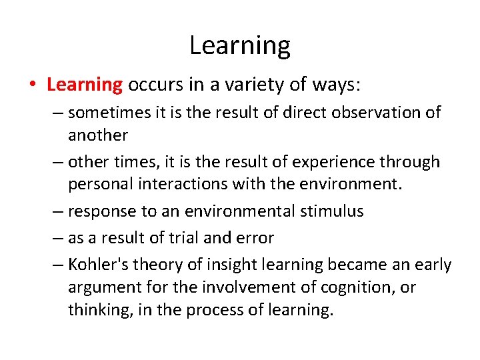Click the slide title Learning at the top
pyautogui.click(x=240, y=46)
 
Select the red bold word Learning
pyautogui.click(x=85, y=85)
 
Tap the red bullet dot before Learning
pyautogui.click(x=32, y=85)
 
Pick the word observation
pyautogui.click(x=365, y=112)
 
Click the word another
pyautogui.click(x=97, y=135)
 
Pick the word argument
pyautogui.click(x=104, y=287)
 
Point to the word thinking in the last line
pyautogui.click(x=99, y=310)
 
